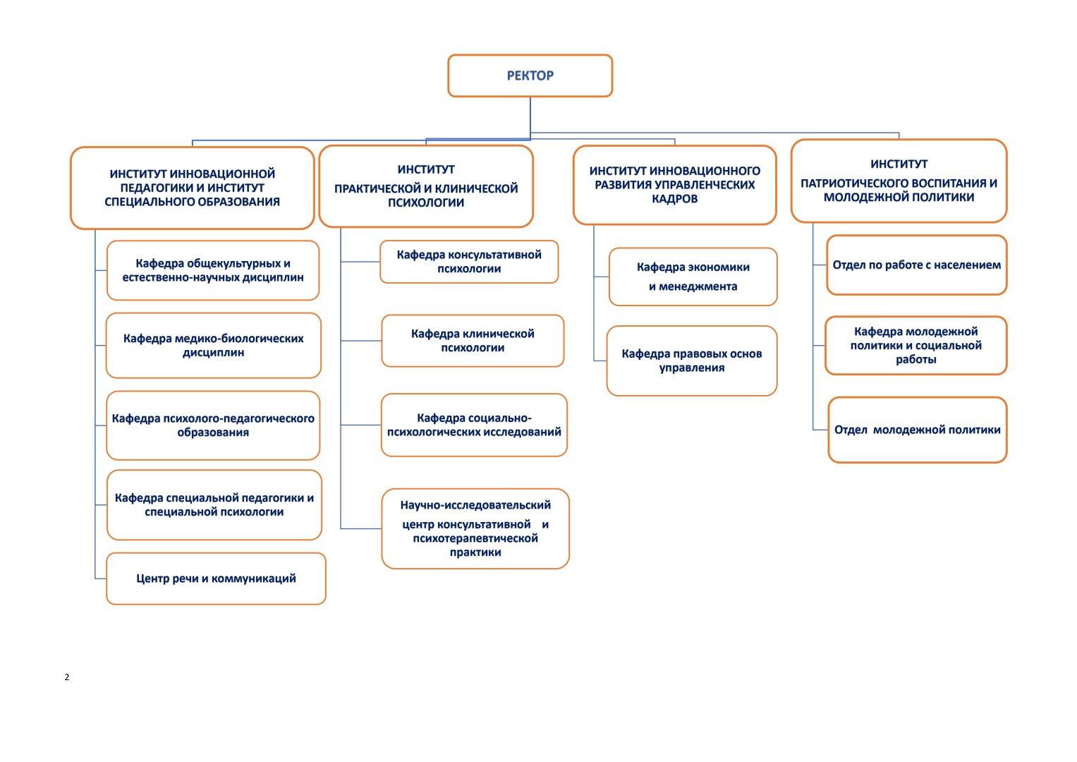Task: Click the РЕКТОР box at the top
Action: click(530, 75)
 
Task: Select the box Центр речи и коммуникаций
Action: click(216, 579)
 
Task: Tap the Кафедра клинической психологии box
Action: click(473, 341)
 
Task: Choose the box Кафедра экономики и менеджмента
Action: click(693, 277)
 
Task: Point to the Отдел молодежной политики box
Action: click(917, 430)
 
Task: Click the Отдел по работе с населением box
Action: click(916, 265)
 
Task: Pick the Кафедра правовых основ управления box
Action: click(691, 361)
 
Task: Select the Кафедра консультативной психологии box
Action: click(469, 262)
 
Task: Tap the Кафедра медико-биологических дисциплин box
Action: click(213, 346)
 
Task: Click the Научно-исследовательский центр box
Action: click(475, 528)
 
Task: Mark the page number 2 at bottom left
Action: click(67, 677)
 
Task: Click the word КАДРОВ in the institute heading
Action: click(674, 199)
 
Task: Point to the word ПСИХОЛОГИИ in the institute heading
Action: click(426, 202)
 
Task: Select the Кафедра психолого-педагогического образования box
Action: click(213, 425)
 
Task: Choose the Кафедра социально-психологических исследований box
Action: click(474, 425)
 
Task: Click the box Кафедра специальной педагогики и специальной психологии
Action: click(214, 505)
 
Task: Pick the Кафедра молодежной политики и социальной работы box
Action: click(915, 346)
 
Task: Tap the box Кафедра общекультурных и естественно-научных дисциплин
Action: click(213, 270)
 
